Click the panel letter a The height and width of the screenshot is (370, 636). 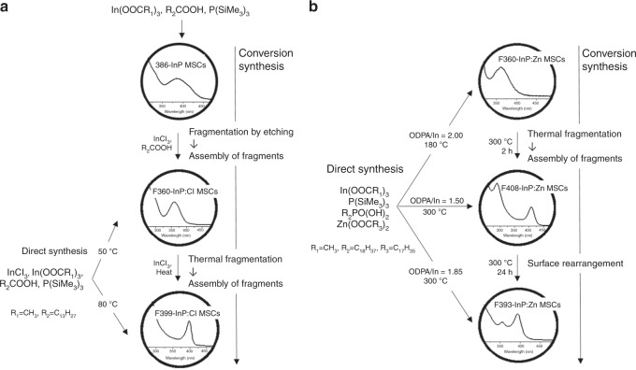tap(7, 7)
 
